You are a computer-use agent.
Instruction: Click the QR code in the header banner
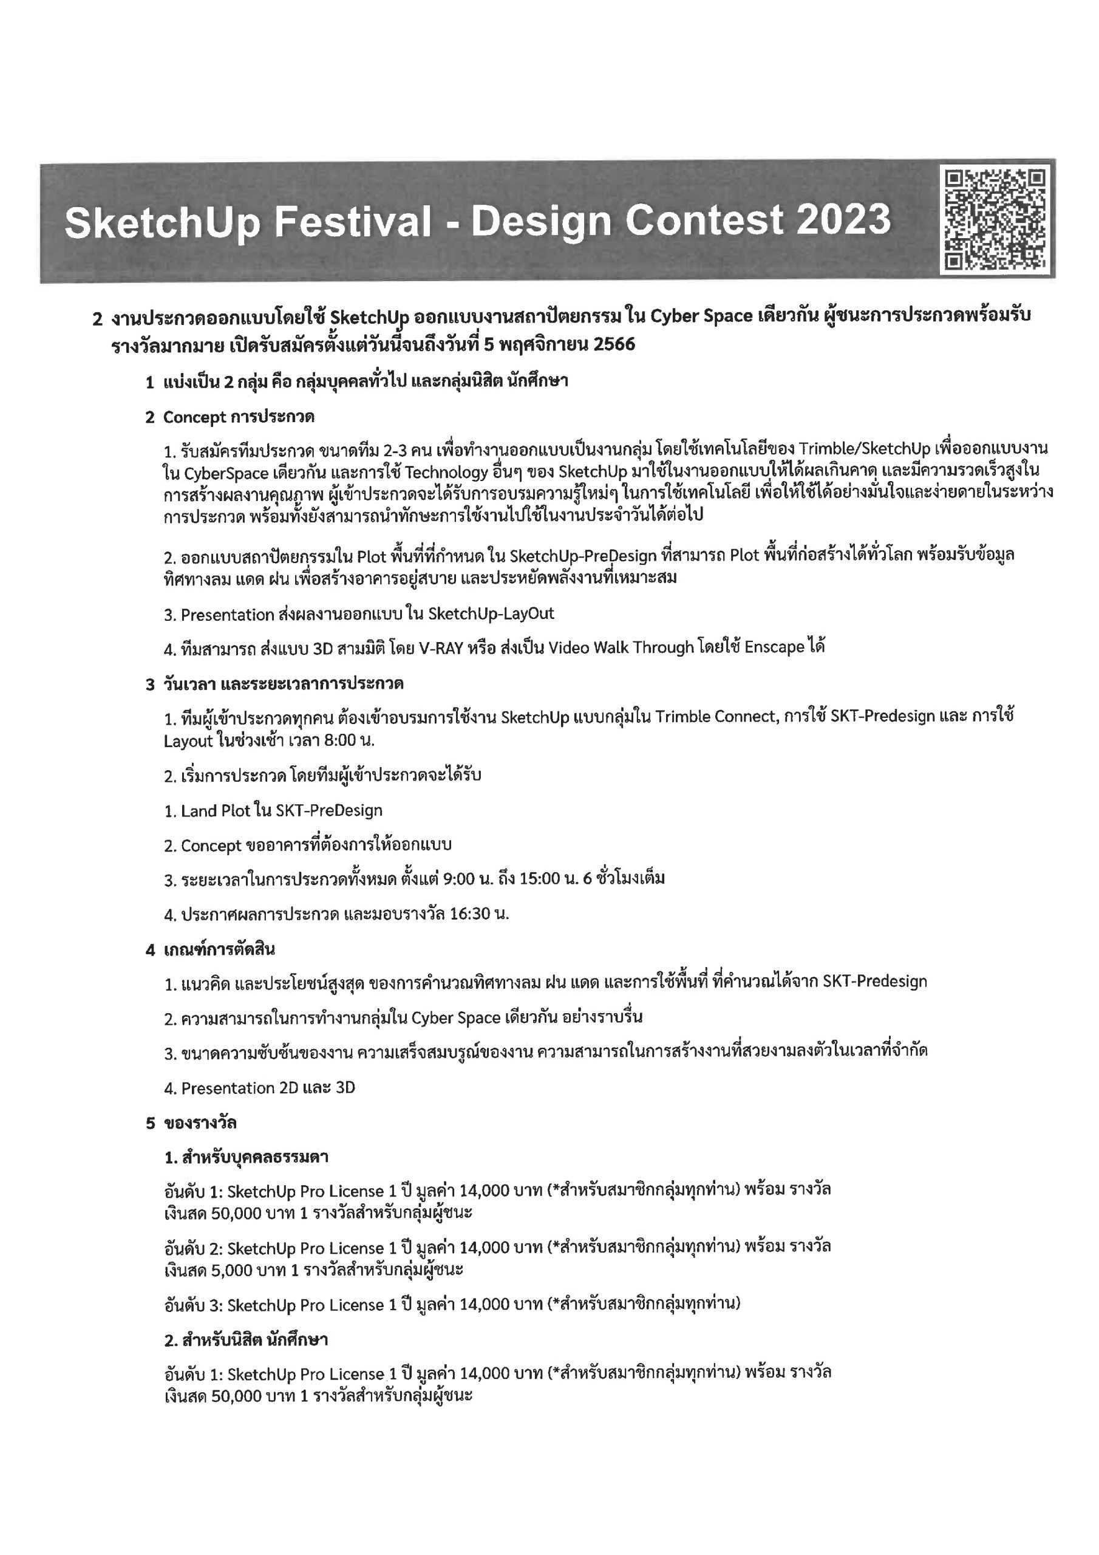[995, 220]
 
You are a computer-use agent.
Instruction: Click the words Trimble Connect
[715, 717]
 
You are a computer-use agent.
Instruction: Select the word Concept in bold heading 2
[193, 417]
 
